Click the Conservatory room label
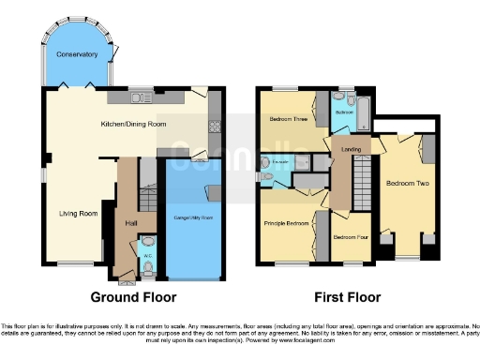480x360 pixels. [x=77, y=54]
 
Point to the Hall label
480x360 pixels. [x=132, y=223]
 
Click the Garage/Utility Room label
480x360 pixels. [x=194, y=217]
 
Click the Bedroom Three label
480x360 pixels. [x=289, y=120]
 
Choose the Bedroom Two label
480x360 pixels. [x=408, y=184]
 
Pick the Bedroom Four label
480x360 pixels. [x=350, y=236]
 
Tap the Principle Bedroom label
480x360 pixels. [x=286, y=223]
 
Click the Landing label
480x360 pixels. [x=352, y=149]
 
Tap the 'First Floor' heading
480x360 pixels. [x=349, y=297]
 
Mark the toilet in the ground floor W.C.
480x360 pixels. [x=148, y=272]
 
